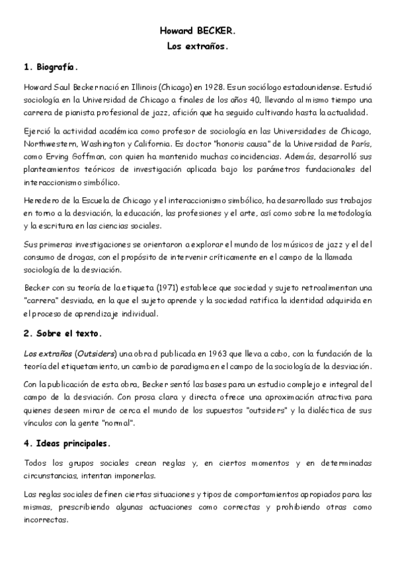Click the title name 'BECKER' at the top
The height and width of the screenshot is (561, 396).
[x=216, y=31]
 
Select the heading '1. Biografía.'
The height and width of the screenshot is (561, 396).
[x=50, y=67]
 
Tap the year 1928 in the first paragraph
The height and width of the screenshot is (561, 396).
[x=216, y=87]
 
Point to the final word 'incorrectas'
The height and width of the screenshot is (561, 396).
[x=46, y=520]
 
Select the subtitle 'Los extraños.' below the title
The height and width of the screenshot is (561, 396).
[x=198, y=46]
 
